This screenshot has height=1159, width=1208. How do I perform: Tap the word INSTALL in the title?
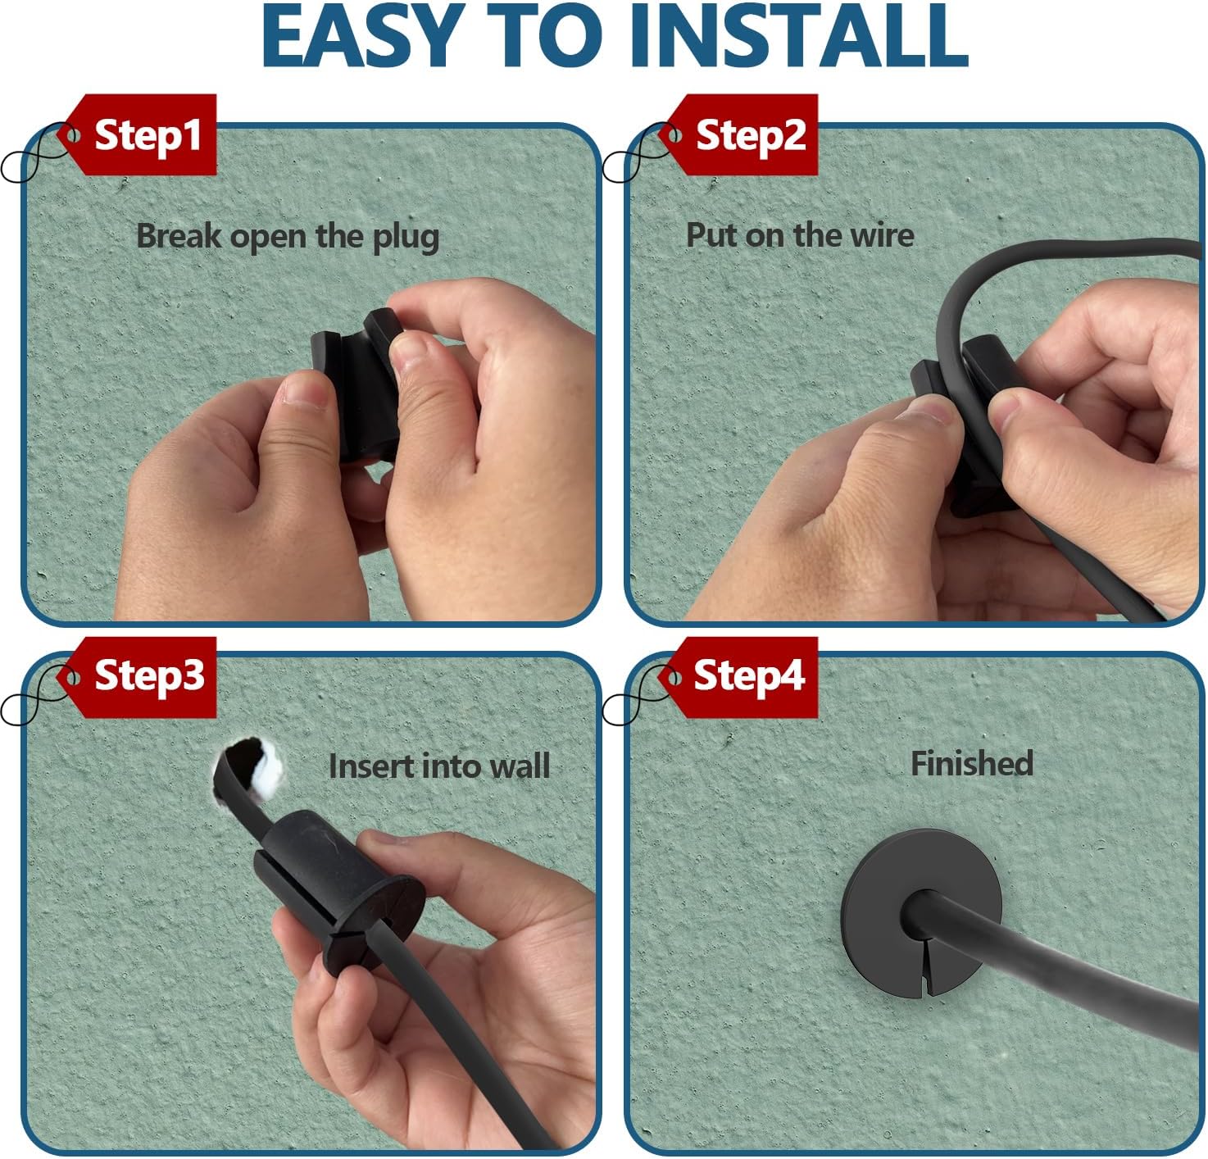(x=802, y=35)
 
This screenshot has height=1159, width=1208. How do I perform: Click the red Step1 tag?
(x=137, y=134)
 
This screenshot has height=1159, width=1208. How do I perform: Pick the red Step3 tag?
(x=137, y=677)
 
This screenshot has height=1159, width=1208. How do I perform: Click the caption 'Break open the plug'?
(x=288, y=237)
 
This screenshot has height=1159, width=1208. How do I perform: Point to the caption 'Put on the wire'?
(x=800, y=235)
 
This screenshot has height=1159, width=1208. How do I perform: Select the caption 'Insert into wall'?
(x=439, y=766)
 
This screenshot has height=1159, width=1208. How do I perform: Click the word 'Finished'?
(x=971, y=763)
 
